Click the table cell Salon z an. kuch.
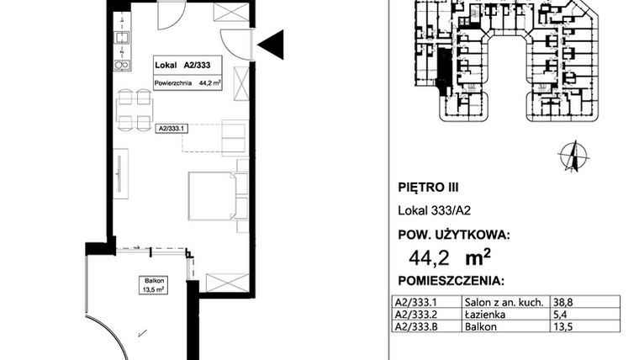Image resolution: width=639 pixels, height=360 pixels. (496, 299)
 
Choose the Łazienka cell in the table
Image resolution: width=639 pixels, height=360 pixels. (483, 311)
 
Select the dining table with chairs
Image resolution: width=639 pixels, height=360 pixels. (135, 109)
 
